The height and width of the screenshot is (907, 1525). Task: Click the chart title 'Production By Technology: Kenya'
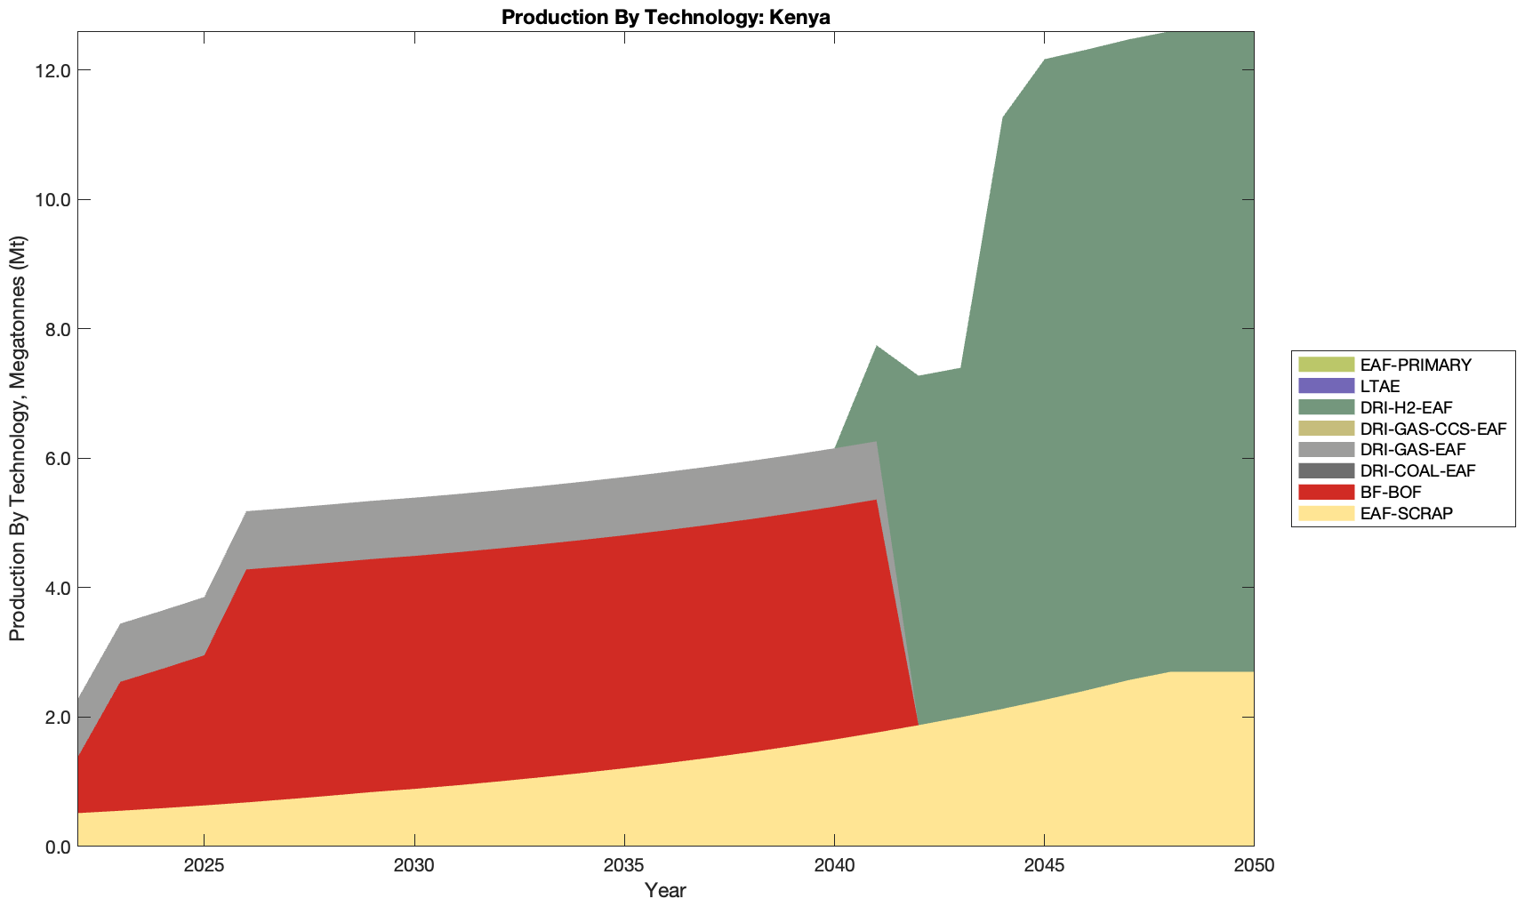[665, 17]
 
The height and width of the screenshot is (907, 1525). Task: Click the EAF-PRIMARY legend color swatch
[1325, 365]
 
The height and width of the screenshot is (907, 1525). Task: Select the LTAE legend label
[1380, 387]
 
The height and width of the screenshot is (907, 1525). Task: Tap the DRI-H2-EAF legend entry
[1406, 408]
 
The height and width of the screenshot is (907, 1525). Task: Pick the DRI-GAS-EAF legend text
[1413, 450]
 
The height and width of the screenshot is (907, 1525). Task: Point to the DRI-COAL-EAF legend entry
[1417, 471]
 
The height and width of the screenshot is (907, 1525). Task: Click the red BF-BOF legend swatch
[1325, 492]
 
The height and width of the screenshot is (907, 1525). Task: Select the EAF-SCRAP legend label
[1407, 513]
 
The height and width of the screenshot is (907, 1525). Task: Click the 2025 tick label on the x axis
[204, 866]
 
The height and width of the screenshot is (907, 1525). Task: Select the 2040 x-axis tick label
[834, 866]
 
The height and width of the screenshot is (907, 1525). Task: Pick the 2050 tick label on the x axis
[1254, 866]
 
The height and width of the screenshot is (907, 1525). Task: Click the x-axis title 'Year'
[665, 890]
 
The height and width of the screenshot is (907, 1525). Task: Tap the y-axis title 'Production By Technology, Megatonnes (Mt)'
[17, 438]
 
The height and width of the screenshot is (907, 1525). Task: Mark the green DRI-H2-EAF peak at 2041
[877, 348]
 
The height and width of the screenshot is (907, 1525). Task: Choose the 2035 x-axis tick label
[624, 866]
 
